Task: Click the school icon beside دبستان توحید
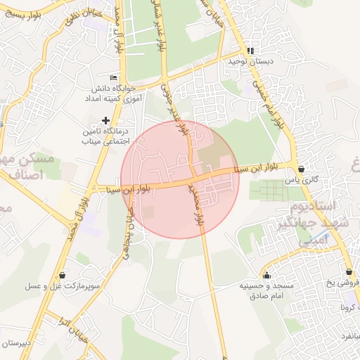(251, 51)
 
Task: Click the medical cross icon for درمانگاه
(106, 120)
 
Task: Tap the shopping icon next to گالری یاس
(302, 169)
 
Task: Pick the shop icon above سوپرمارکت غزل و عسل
(63, 275)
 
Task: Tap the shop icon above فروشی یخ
(349, 272)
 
